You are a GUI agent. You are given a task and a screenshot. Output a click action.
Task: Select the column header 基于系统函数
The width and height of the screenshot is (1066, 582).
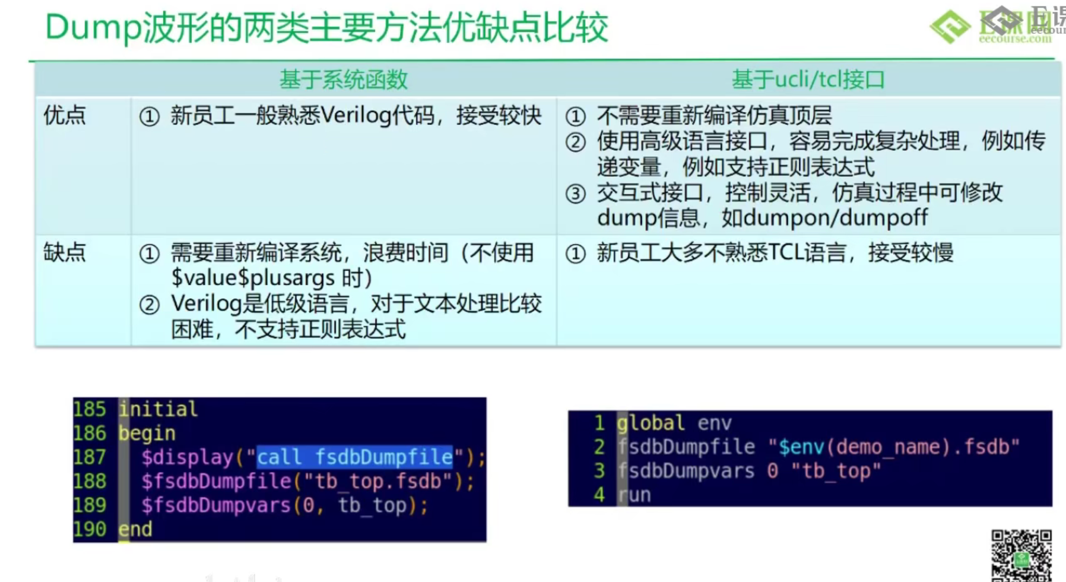[344, 80]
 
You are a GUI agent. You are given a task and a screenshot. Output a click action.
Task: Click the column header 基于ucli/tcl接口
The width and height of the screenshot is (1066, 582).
[808, 80]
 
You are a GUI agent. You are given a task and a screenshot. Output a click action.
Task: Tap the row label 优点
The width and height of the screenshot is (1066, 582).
[65, 115]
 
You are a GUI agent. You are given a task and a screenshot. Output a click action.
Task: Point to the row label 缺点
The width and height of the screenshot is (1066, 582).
[65, 252]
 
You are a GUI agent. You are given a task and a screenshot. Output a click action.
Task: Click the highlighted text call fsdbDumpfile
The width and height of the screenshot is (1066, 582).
[354, 457]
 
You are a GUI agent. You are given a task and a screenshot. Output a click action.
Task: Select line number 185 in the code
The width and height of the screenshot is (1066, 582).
[90, 409]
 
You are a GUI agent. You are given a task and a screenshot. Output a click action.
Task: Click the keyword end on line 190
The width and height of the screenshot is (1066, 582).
[135, 529]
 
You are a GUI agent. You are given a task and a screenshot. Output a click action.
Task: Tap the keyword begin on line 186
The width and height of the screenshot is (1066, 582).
[147, 434]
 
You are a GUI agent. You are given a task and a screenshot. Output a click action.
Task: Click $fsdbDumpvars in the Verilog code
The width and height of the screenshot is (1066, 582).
[215, 505]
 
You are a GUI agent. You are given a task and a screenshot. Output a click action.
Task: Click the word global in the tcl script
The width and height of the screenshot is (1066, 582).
[651, 423]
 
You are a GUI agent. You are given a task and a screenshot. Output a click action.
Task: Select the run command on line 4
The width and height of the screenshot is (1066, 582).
[634, 495]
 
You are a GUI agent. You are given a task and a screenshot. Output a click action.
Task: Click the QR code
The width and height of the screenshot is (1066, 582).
[1021, 555]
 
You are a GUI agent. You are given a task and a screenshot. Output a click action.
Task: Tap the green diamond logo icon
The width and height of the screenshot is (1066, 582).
[950, 26]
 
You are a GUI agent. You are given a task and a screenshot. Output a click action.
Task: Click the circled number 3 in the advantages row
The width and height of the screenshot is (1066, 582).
[575, 194]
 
